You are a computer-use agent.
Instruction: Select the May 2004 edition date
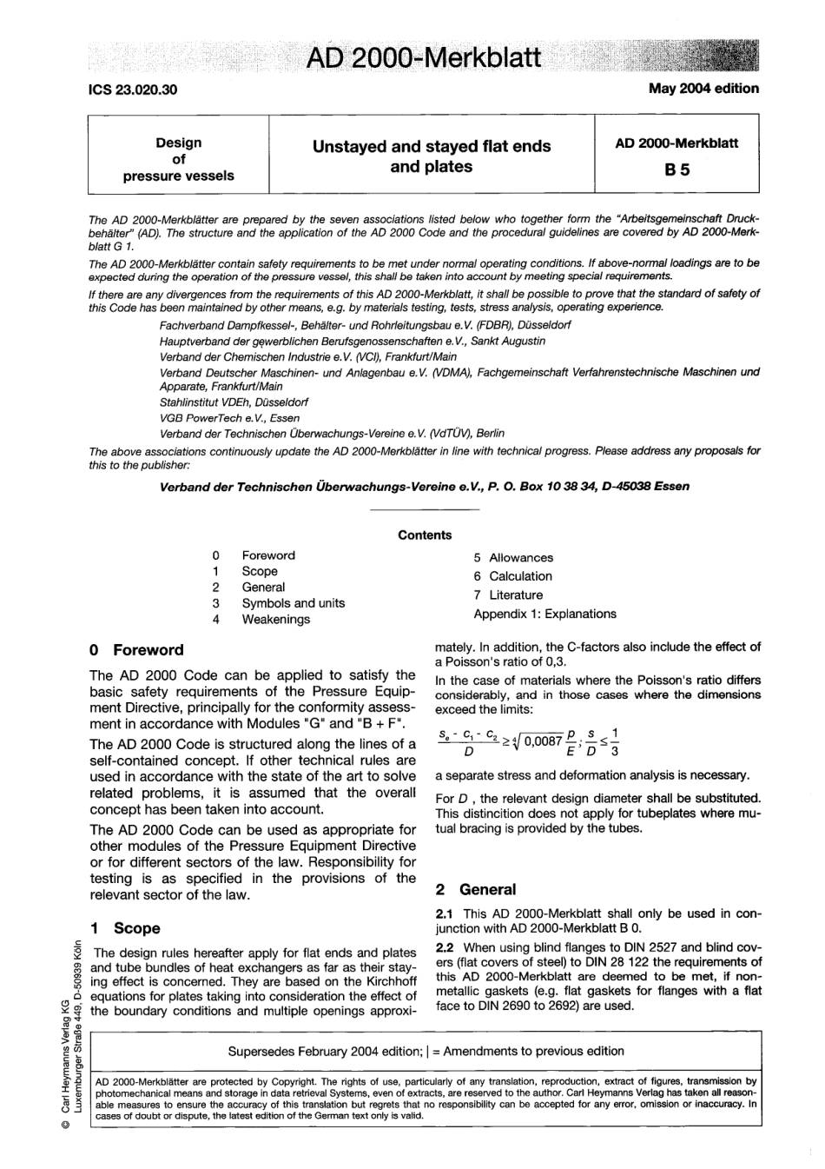coord(703,89)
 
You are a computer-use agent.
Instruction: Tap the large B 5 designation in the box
coord(676,170)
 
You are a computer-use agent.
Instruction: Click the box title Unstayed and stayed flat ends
coord(432,147)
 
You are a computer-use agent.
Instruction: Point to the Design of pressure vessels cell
coord(179,159)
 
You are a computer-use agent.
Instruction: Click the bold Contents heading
coord(425,535)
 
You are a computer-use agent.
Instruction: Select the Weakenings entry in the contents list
coord(275,620)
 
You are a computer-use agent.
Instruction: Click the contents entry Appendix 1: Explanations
coord(544,614)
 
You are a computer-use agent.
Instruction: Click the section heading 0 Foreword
coord(137,650)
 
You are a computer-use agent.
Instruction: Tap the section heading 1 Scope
coord(126,928)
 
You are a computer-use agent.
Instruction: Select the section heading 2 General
coord(476,890)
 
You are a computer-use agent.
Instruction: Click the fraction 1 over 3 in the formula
coord(614,742)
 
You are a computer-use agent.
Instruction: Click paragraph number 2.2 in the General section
coord(445,947)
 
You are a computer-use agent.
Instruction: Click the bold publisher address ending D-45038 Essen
coord(425,487)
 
